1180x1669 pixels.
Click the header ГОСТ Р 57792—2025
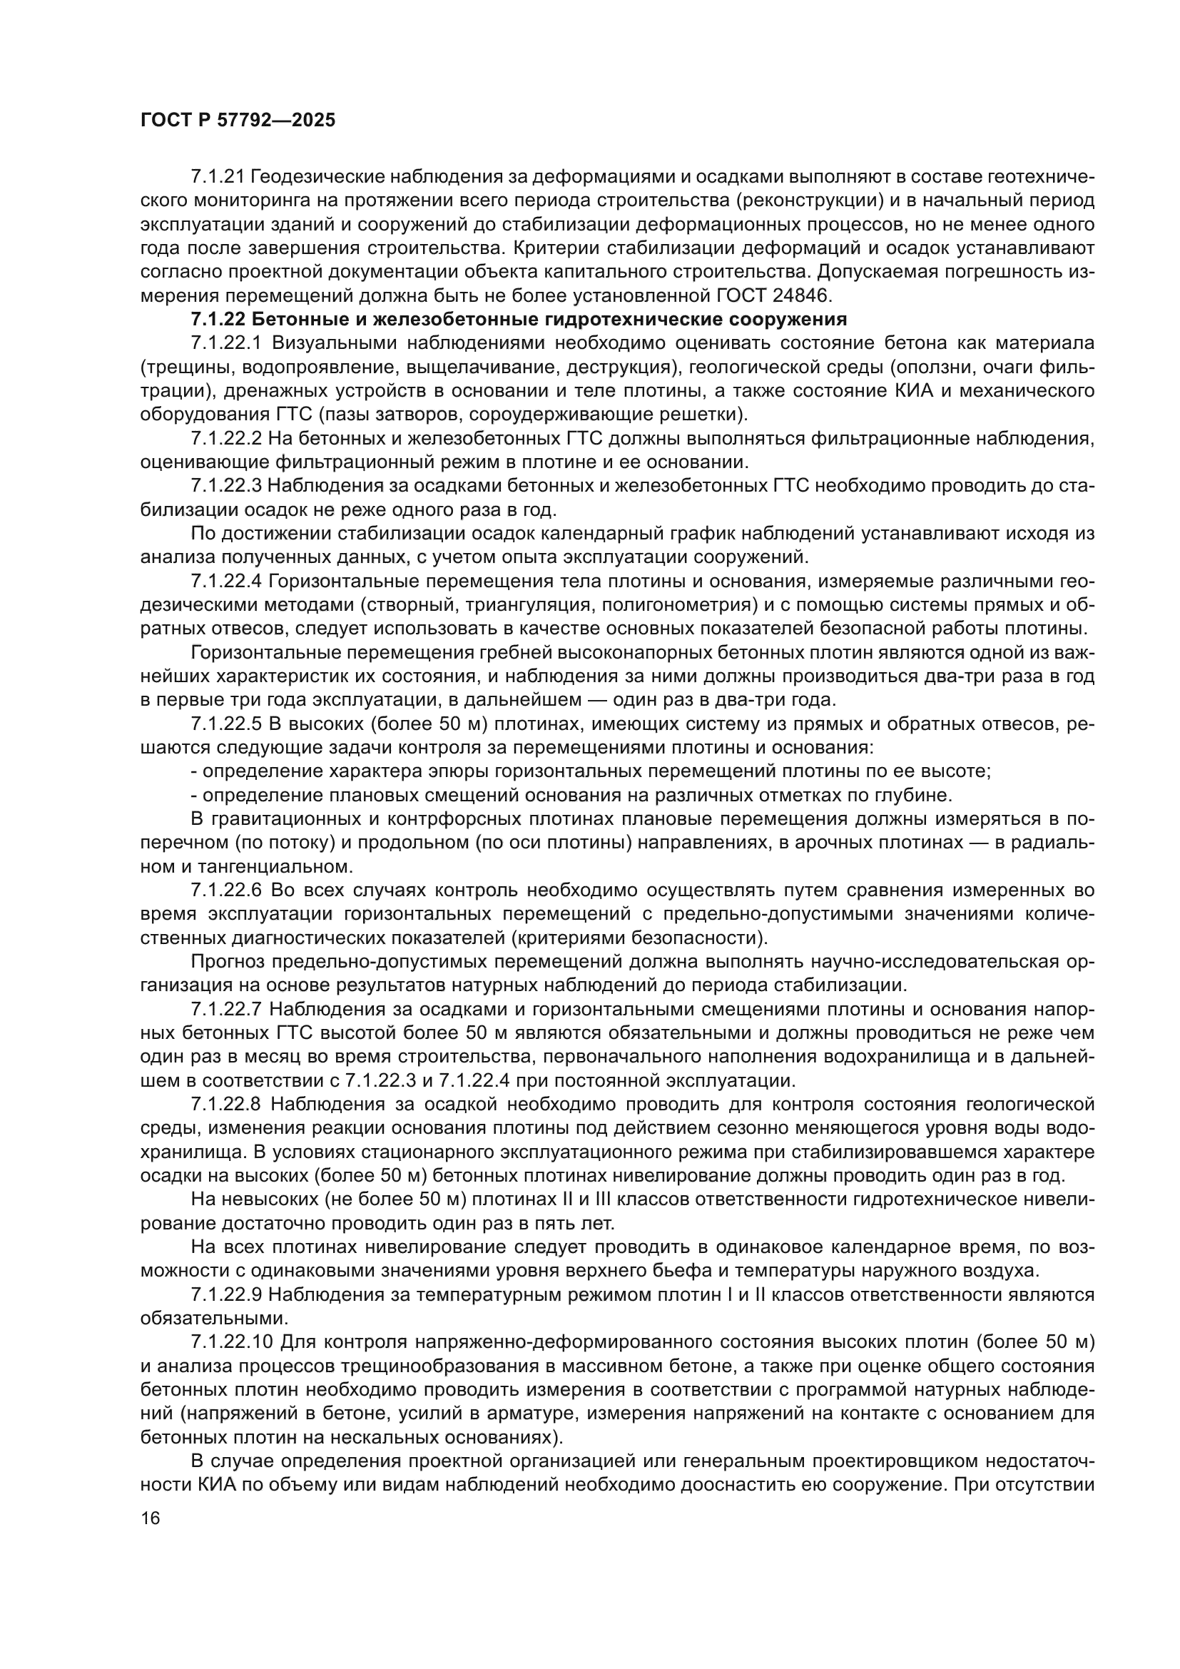tap(238, 120)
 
